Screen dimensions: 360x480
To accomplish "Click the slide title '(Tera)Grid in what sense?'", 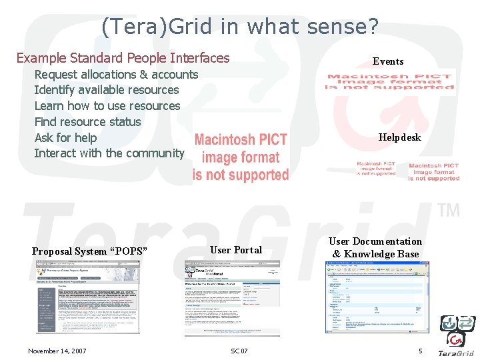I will pos(240,26).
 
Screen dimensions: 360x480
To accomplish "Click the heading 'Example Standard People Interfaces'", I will pos(123,58).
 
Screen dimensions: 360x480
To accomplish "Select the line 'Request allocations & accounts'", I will pos(116,74).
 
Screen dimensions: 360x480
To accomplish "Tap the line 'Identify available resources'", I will pos(107,90).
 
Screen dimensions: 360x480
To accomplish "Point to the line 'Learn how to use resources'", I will pos(107,106).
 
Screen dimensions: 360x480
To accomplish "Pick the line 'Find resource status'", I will pos(87,122).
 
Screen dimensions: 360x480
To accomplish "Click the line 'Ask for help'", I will pos(65,138).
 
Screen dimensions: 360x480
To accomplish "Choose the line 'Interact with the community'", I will pos(109,153).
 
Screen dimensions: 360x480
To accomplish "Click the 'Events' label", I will pos(388,61).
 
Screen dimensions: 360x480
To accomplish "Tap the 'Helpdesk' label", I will pos(400,137).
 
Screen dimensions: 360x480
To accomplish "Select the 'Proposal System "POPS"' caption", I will pos(89,251).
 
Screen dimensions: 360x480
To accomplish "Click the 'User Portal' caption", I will pos(236,249).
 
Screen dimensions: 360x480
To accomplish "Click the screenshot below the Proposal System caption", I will pos(88,296).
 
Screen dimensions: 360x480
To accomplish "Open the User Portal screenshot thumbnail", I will pos(232,297).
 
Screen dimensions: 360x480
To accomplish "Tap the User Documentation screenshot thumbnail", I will pos(377,297).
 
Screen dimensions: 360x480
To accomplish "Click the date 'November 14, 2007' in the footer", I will pos(57,351).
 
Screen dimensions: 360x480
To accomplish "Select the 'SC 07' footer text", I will pos(239,351).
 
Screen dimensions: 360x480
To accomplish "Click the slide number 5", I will pos(420,351).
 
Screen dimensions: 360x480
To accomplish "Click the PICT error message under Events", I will pos(389,81).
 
